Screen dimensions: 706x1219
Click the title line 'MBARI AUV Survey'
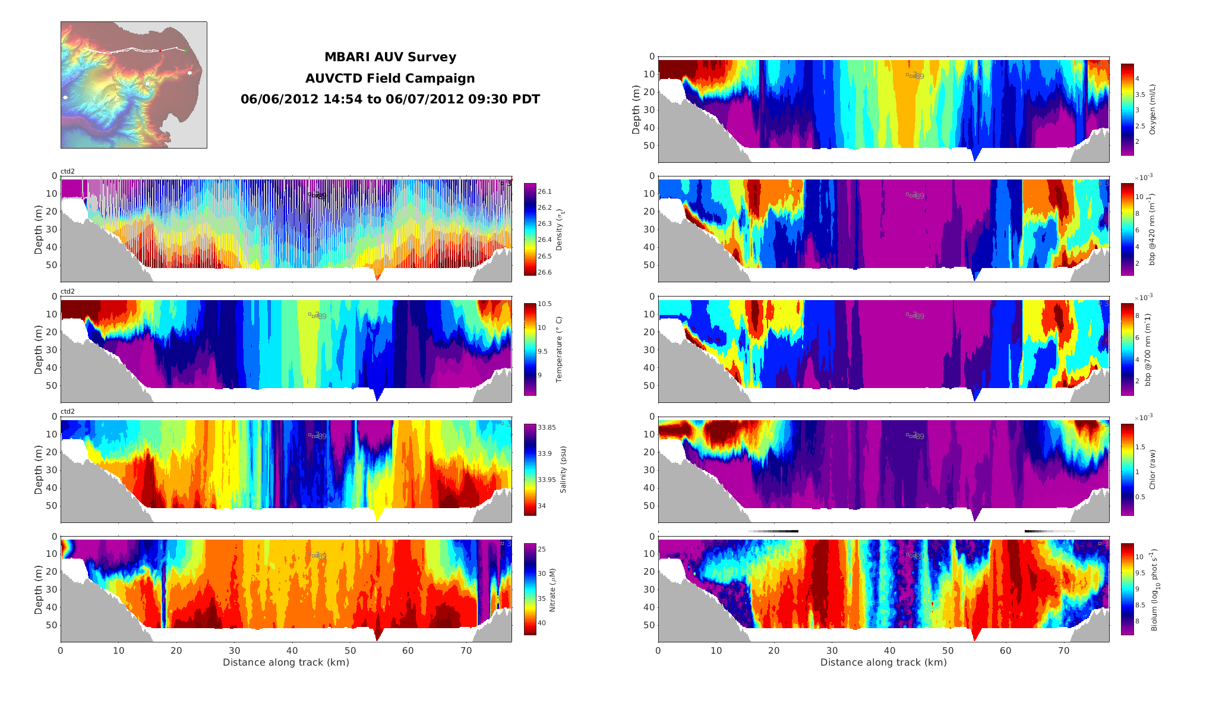click(390, 57)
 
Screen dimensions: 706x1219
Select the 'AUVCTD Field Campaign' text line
click(390, 78)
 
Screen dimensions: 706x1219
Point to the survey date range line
click(390, 99)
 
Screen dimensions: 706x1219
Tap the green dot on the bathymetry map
click(185, 51)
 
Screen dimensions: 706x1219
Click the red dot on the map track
click(160, 51)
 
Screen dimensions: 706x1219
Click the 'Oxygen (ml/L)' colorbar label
click(1152, 109)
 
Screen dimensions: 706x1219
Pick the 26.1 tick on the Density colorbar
click(545, 191)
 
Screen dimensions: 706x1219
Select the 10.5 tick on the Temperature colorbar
click(545, 304)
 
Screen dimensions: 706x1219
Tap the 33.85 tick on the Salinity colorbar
click(547, 427)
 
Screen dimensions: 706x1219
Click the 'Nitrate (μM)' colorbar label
click(552, 590)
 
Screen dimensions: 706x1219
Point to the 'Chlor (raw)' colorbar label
click(1152, 469)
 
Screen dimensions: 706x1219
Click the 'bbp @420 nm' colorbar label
click(1151, 229)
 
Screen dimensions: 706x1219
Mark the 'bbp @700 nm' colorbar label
click(1148, 349)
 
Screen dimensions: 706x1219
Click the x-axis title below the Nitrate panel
click(286, 662)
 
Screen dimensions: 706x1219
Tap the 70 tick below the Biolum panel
click(1063, 651)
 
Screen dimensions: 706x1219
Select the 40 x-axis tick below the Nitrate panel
click(292, 651)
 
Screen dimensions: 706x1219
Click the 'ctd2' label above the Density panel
click(68, 171)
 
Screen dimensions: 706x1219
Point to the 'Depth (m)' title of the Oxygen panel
click(636, 109)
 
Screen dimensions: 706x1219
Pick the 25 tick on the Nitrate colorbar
click(542, 549)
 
